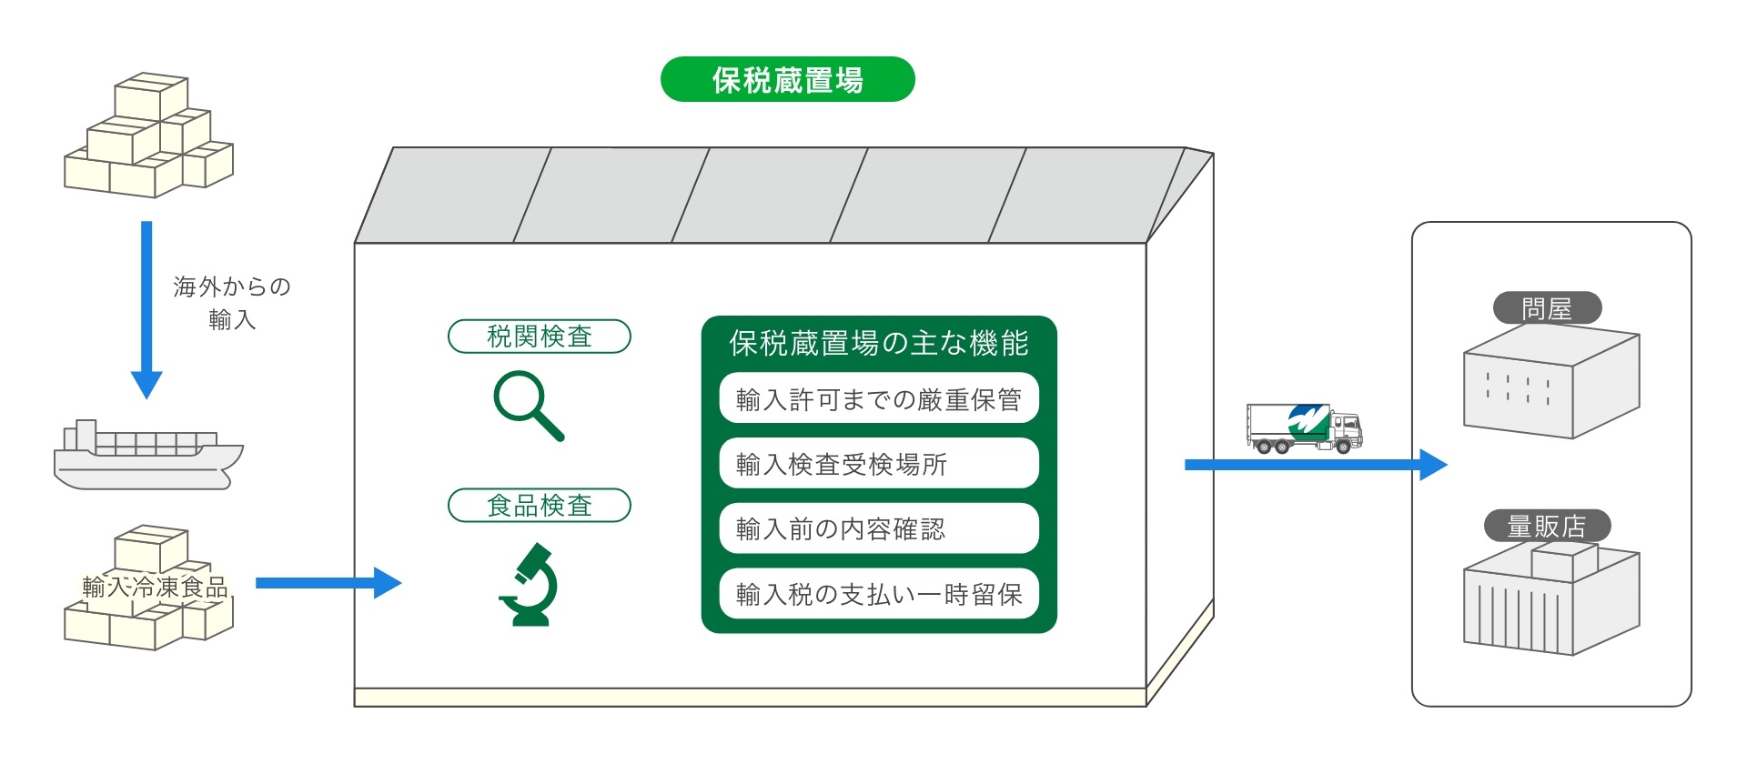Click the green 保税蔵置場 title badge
point(787,79)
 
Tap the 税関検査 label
point(540,336)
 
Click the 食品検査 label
point(540,505)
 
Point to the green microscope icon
point(530,584)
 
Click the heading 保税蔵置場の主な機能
point(878,343)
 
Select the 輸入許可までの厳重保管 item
point(878,398)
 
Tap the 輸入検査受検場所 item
point(878,464)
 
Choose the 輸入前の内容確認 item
point(878,528)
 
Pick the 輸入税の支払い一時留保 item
point(878,594)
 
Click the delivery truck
point(1303,427)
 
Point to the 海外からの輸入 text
point(231,303)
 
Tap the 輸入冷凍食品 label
point(155,587)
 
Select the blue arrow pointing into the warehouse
point(328,583)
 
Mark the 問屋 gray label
point(1547,308)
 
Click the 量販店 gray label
point(1547,526)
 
